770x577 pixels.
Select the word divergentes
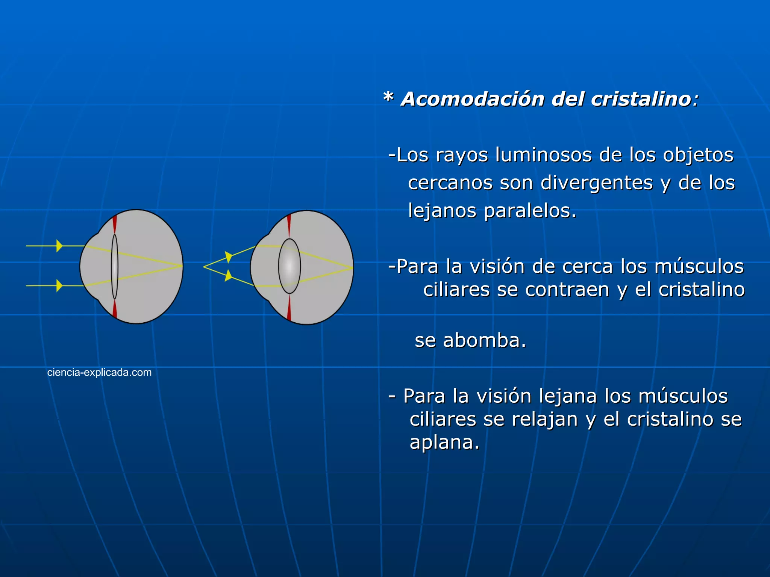click(x=597, y=183)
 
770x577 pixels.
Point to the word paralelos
click(x=529, y=211)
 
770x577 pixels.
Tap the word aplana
click(x=444, y=442)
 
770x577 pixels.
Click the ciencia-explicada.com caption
click(x=99, y=372)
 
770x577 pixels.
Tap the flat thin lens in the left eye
click(x=115, y=267)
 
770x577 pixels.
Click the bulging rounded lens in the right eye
click(x=289, y=266)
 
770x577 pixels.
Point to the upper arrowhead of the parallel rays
click(x=59, y=246)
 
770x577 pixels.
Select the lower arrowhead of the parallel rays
click(x=59, y=285)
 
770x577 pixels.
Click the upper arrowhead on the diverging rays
click(x=229, y=257)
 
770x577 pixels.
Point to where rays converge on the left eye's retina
click(x=182, y=266)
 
